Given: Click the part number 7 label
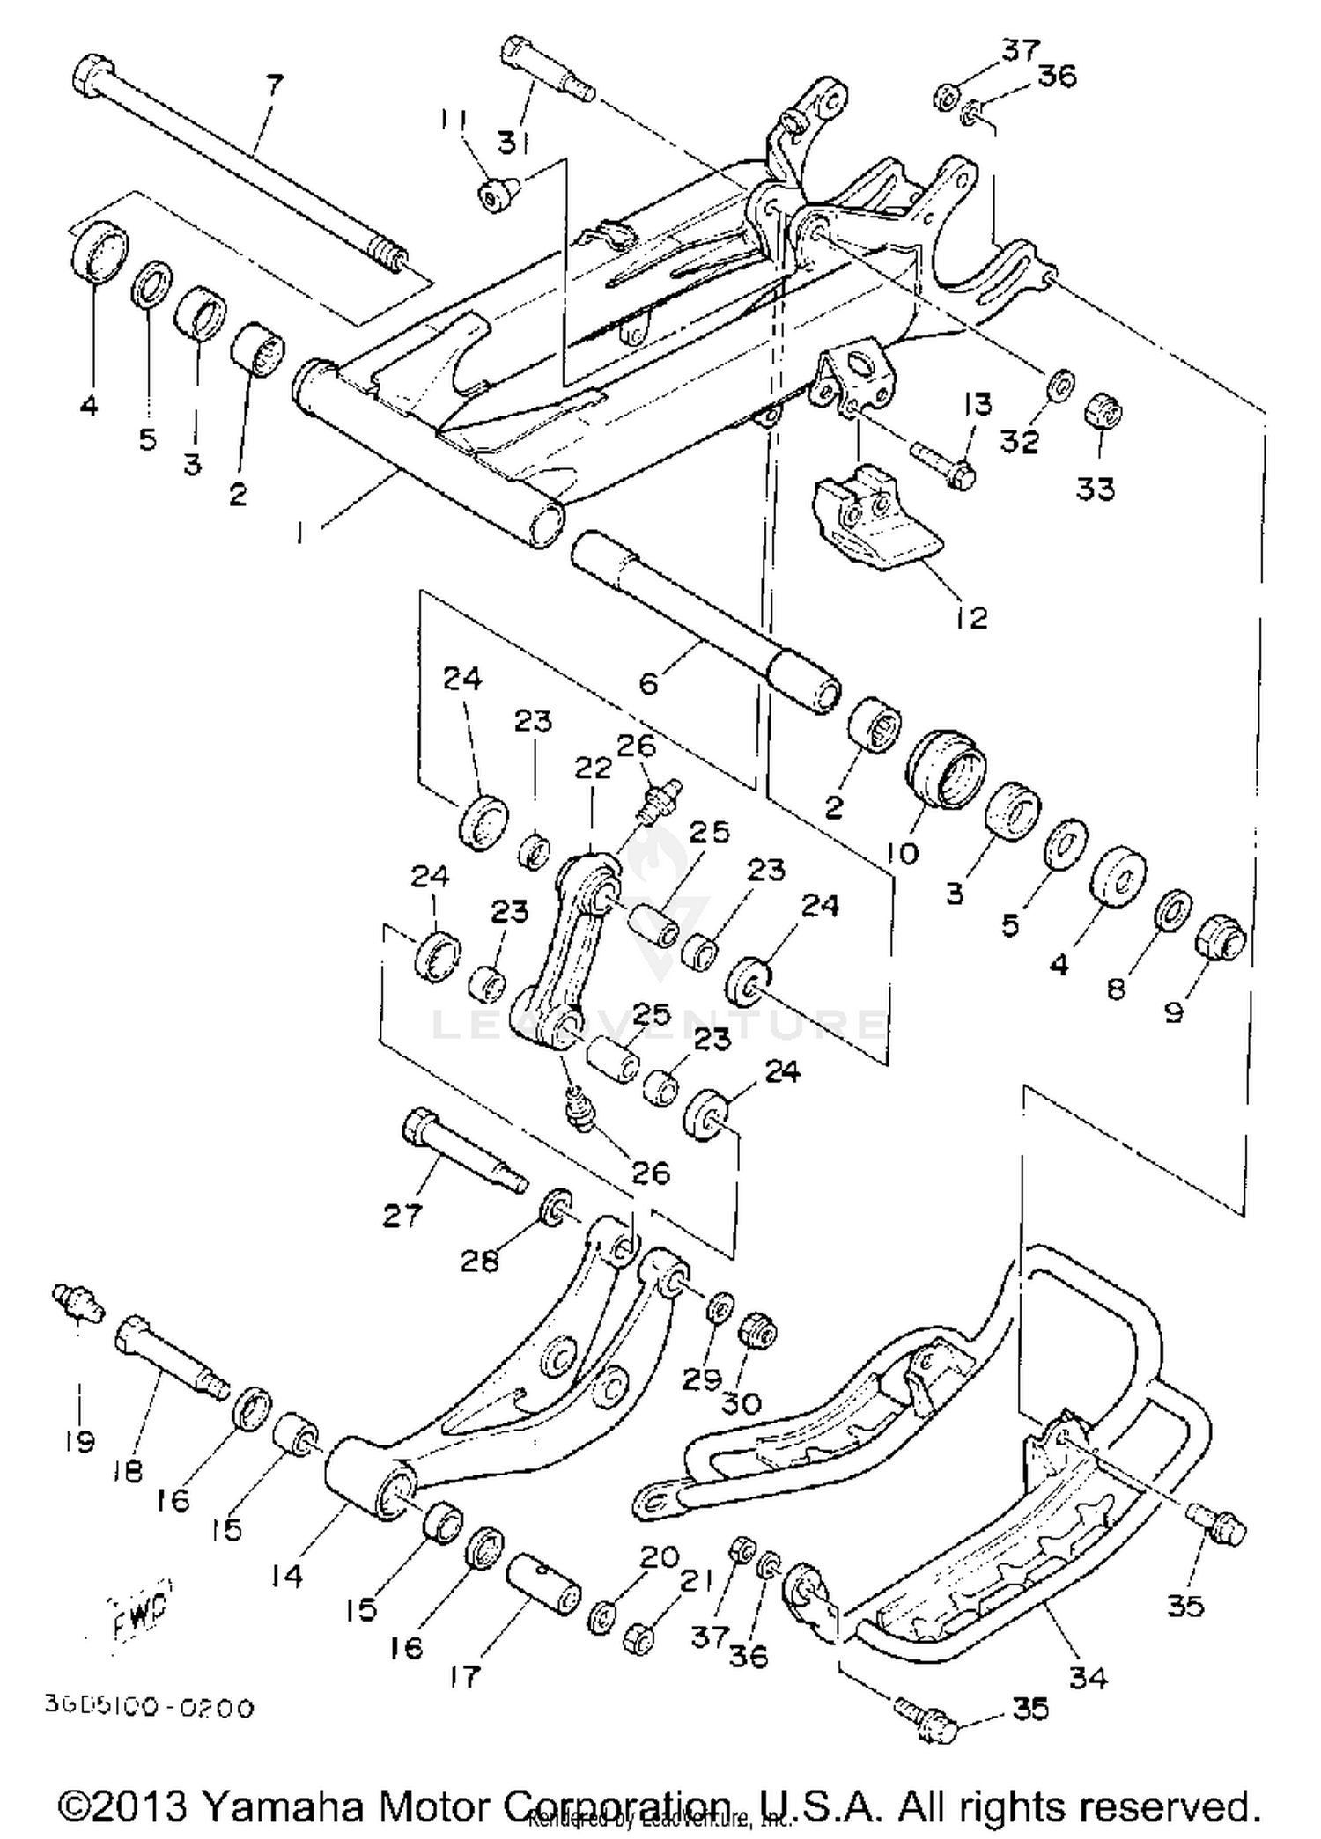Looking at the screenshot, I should [x=275, y=85].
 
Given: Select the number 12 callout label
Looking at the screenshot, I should [x=971, y=617].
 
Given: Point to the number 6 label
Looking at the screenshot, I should [x=648, y=683].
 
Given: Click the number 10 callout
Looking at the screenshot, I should [x=903, y=852].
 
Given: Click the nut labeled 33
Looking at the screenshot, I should [x=1102, y=410].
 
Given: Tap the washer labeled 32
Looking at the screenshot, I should [x=1061, y=384].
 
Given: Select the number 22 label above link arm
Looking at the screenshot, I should [x=593, y=768].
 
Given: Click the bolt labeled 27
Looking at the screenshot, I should [x=458, y=1148].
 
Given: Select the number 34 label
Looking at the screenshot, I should [x=1087, y=1678].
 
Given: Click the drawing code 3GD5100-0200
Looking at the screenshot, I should [x=150, y=1708].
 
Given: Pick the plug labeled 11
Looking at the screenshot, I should [x=491, y=195].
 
